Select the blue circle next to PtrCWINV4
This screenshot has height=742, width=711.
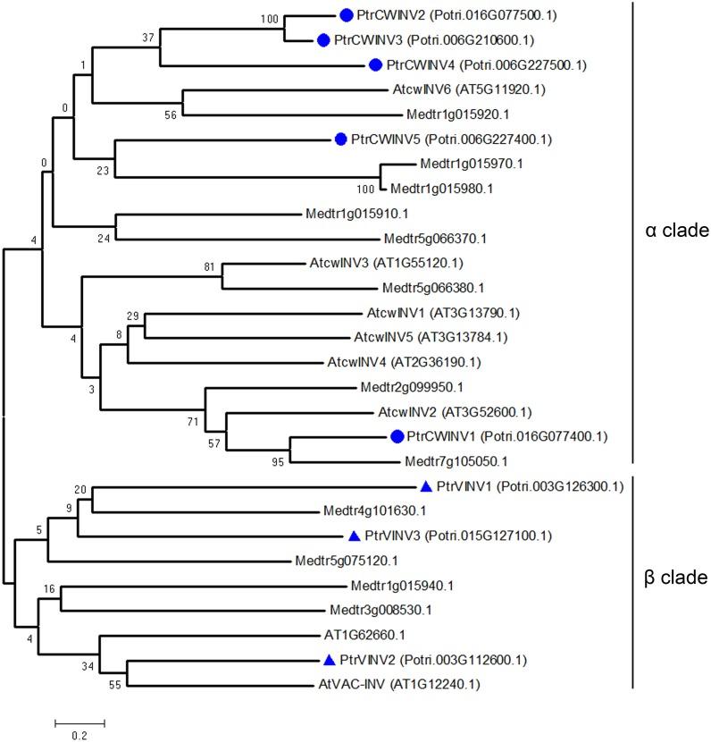pos(375,64)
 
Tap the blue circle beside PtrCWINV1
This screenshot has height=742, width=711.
pos(398,436)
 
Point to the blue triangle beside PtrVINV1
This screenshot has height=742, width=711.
pos(427,486)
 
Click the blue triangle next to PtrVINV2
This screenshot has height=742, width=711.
pos(329,661)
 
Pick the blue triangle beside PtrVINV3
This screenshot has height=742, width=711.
pos(354,536)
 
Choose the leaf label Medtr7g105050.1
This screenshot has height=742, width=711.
pos(447,461)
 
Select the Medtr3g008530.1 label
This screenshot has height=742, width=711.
pos(381,611)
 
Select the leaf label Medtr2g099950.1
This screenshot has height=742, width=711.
pos(406,387)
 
